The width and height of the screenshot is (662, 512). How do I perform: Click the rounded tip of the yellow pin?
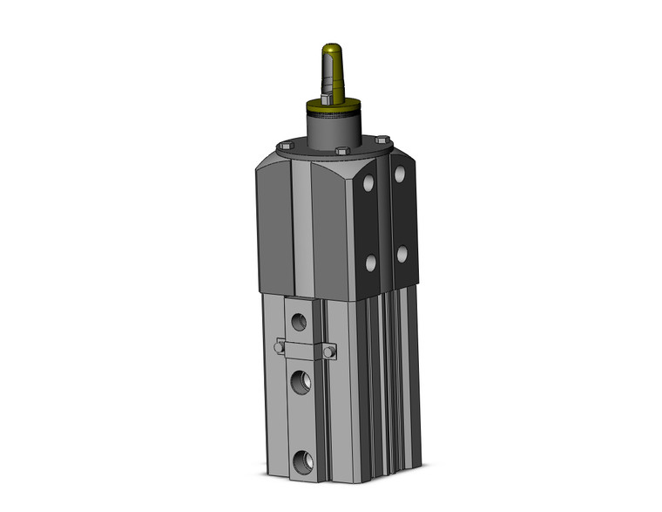coord(331,49)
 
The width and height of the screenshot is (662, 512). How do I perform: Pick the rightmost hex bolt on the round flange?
coord(382,140)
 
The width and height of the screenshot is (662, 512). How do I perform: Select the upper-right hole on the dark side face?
coord(401,174)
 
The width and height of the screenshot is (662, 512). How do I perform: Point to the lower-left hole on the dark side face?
coord(370,263)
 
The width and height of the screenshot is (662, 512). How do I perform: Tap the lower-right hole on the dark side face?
coord(402,254)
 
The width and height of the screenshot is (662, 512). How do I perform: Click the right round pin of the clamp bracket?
coord(330,352)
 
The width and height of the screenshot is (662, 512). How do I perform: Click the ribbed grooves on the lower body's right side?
coord(383,384)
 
